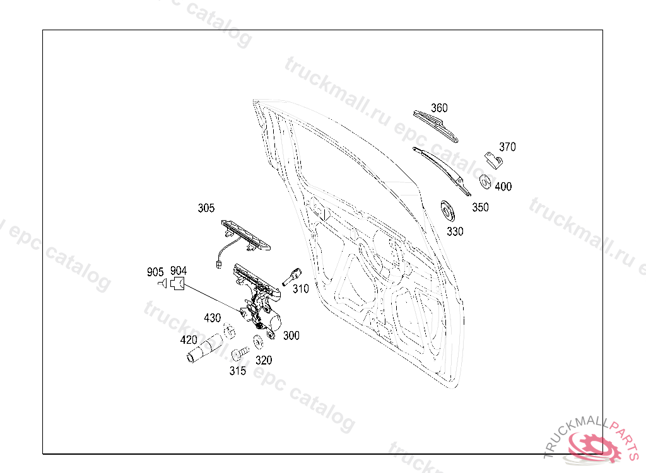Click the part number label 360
click(440, 108)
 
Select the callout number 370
click(507, 147)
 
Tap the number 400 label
click(503, 187)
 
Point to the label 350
click(480, 207)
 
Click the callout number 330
click(455, 231)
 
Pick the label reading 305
click(206, 208)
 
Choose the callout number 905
click(155, 272)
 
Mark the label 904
click(179, 271)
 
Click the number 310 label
click(301, 289)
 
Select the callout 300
click(291, 336)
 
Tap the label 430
click(212, 318)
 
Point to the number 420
click(189, 340)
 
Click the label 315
click(237, 371)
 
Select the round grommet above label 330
click(448, 211)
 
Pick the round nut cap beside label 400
click(485, 180)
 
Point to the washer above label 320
click(258, 344)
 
